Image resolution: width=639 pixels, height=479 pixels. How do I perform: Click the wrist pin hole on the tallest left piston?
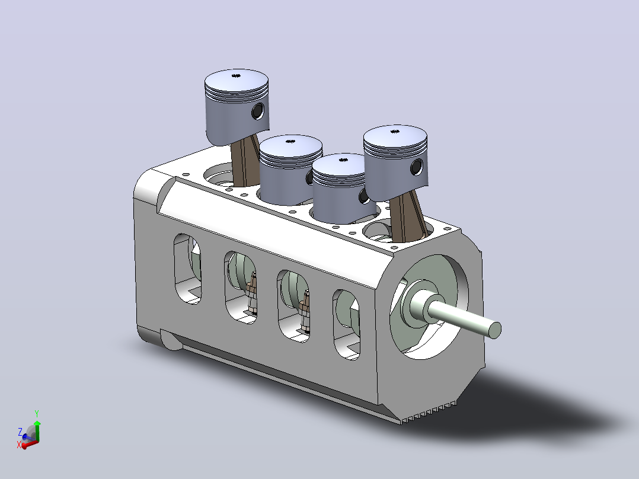pos(257,111)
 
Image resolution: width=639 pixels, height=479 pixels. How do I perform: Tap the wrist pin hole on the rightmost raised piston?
pos(417,167)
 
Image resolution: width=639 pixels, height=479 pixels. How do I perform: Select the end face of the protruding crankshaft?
pos(494,330)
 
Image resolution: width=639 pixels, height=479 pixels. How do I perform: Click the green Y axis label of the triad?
pos(37,414)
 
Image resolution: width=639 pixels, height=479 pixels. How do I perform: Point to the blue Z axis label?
pos(20,432)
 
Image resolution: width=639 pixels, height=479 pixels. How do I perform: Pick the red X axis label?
pos(19,445)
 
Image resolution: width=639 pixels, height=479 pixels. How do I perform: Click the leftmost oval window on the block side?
pos(187,269)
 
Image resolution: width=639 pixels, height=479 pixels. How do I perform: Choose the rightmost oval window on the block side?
pos(347,324)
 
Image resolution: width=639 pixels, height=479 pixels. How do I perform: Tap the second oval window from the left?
pos(241,288)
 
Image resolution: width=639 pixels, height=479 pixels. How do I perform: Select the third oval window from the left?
pos(293,306)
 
